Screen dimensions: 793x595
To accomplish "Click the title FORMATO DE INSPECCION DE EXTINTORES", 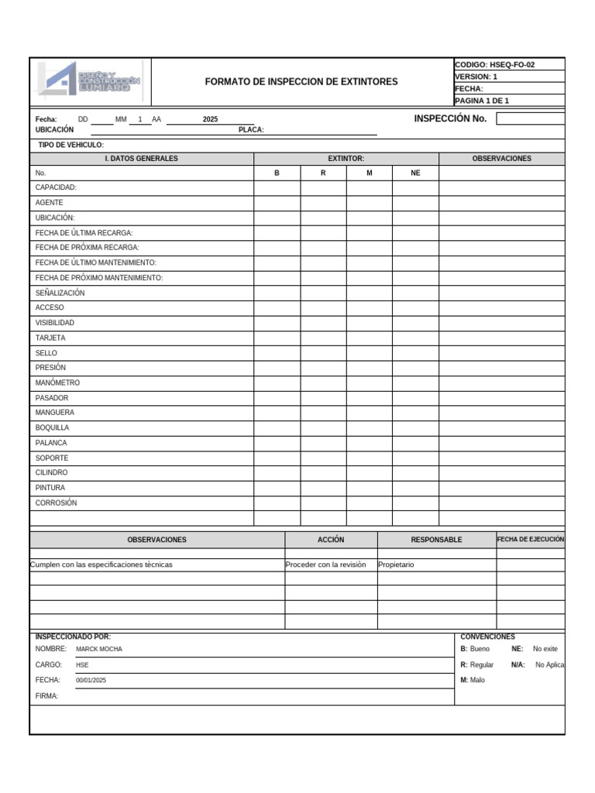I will click(x=301, y=81).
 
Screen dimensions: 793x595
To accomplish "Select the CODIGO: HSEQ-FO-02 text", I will click(x=494, y=65).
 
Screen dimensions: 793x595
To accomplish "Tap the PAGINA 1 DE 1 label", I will click(x=482, y=101).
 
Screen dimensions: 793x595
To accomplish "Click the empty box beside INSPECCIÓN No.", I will click(x=530, y=118).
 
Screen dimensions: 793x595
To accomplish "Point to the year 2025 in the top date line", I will click(x=210, y=119).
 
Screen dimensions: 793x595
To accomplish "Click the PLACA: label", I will click(x=252, y=130).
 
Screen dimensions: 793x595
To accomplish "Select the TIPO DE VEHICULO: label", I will click(x=71, y=145).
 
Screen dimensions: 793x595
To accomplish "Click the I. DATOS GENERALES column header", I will click(x=142, y=159).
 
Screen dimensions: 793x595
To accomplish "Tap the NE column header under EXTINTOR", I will click(x=415, y=173).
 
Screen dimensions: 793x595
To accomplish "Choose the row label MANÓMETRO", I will click(x=57, y=383).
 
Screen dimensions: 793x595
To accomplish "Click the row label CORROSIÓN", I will click(x=57, y=503).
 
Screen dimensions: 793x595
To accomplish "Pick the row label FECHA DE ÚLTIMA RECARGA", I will click(x=84, y=232).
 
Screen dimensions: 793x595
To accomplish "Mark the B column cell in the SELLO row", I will click(x=277, y=353).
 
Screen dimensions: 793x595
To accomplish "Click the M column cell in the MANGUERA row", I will click(x=369, y=413).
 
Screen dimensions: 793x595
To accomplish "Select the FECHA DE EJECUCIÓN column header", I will click(x=531, y=539).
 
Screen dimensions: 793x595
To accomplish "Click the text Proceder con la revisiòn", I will click(x=325, y=565).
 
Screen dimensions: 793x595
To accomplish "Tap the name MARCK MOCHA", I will click(x=99, y=649).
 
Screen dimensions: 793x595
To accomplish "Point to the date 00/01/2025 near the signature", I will click(x=91, y=680).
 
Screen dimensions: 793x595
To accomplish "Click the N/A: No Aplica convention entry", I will click(x=538, y=664).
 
